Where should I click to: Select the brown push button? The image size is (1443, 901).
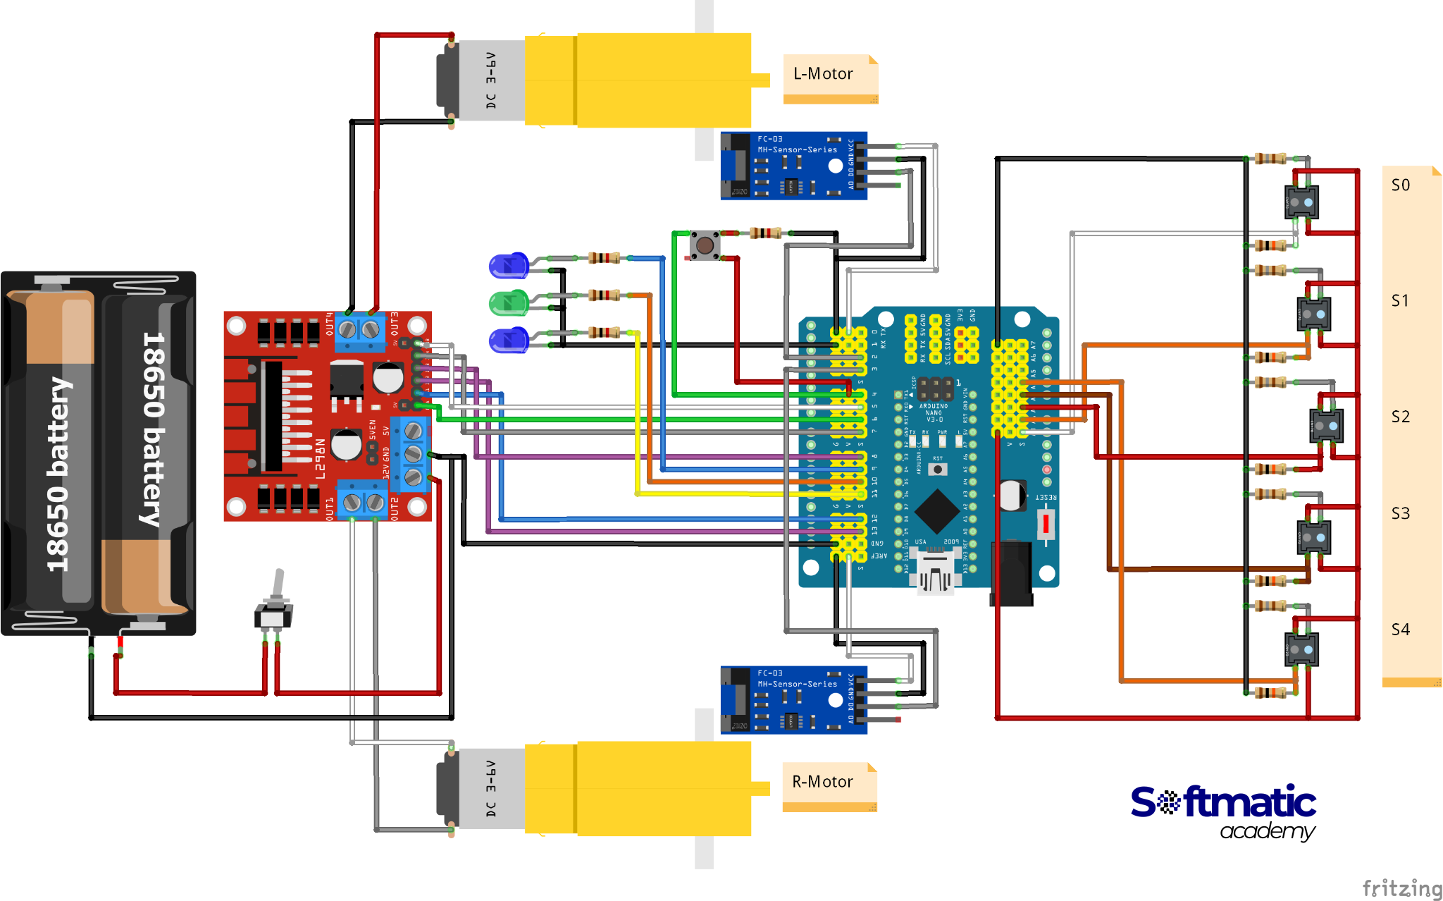point(705,245)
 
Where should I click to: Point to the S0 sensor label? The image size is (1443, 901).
point(1401,185)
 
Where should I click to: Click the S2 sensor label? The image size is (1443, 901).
point(1401,417)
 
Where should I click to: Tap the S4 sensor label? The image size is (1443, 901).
point(1401,630)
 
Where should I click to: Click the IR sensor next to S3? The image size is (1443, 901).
point(1313,537)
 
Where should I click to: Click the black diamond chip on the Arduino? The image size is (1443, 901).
point(936,511)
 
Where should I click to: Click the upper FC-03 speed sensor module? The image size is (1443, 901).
point(793,166)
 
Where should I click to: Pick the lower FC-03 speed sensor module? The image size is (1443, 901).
point(793,700)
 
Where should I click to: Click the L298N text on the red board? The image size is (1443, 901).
point(321,458)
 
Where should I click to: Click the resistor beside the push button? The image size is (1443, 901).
point(765,233)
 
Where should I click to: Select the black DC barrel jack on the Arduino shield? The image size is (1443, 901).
point(1012,572)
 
